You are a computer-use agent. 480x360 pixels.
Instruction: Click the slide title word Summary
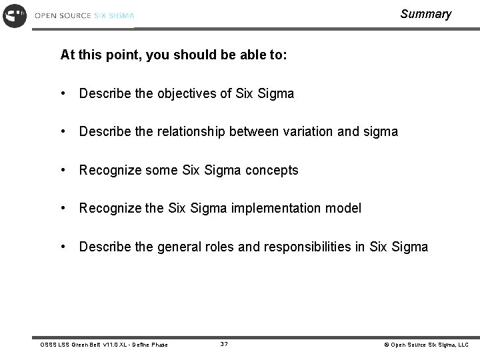(425, 14)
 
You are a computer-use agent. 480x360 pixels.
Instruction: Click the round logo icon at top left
(15, 15)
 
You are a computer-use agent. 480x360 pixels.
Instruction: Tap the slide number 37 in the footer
(224, 344)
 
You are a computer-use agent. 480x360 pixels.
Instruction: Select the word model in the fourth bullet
(343, 209)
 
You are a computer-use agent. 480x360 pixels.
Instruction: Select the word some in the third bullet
(162, 171)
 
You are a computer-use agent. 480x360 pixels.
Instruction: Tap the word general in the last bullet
(181, 247)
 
